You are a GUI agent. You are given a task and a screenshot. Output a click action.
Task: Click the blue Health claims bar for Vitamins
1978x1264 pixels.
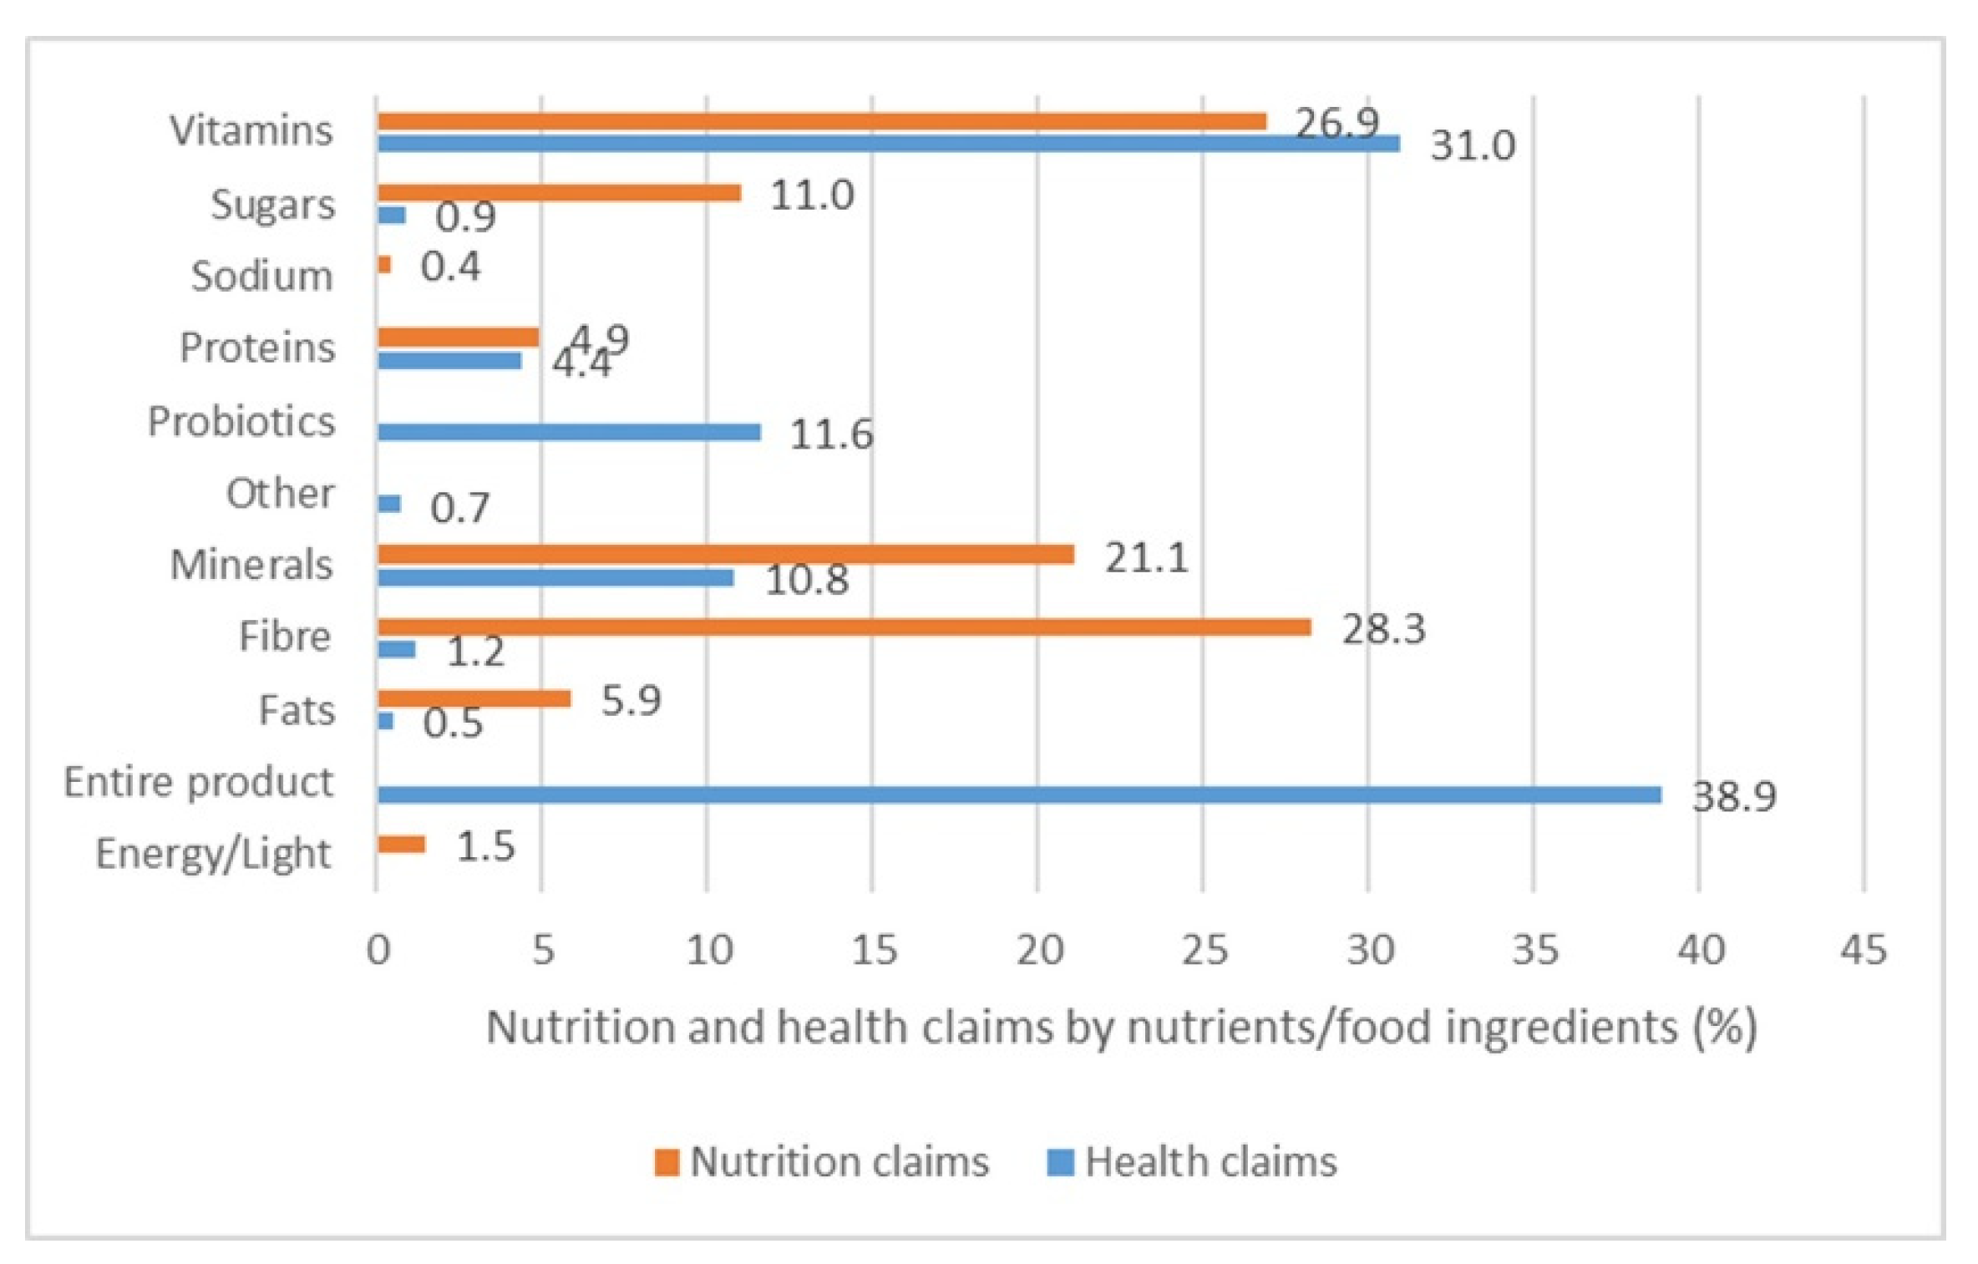tap(888, 144)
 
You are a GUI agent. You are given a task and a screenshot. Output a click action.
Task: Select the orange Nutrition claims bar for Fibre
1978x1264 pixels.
tap(844, 627)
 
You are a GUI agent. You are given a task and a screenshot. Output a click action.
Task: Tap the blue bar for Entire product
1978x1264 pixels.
tap(1019, 794)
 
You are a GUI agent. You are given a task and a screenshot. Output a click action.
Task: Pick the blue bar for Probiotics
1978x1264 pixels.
tap(569, 432)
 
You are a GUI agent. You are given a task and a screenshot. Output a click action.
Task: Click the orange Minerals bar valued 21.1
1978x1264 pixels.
tap(725, 554)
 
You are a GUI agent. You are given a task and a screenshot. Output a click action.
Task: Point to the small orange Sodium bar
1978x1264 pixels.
tap(384, 265)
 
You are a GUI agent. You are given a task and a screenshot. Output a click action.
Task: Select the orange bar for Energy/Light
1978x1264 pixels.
tap(401, 845)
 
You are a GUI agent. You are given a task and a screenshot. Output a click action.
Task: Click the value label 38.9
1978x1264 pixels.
tap(1734, 796)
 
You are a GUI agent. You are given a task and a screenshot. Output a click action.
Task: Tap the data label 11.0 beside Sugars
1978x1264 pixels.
tap(812, 195)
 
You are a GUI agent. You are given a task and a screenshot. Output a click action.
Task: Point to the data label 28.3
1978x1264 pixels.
tap(1383, 628)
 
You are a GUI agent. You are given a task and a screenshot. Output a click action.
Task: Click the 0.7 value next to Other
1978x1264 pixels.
tap(459, 508)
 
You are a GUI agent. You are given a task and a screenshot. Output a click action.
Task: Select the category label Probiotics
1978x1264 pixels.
tap(241, 421)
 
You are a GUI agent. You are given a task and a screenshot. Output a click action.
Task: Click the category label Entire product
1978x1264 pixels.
tap(199, 783)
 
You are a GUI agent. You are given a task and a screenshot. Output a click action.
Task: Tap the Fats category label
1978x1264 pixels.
tap(297, 711)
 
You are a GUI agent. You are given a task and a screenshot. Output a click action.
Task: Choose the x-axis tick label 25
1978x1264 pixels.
tap(1204, 950)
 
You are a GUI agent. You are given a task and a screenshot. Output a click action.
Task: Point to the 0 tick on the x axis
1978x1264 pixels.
tap(378, 950)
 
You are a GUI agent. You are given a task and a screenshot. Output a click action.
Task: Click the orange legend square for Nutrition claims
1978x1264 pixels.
tap(667, 1162)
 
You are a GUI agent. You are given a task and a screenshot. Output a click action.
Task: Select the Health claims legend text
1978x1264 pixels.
tap(1210, 1162)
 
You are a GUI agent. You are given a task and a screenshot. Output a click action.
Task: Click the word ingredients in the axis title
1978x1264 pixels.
tap(1560, 1027)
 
